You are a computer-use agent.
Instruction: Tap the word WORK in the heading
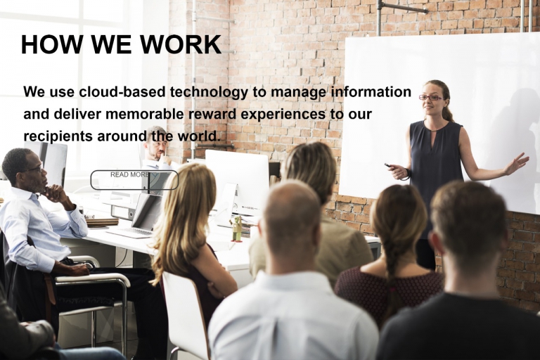click(x=181, y=44)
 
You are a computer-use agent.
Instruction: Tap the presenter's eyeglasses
click(x=430, y=97)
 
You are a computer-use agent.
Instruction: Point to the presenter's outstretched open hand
click(x=517, y=163)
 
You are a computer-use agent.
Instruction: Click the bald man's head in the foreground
click(x=292, y=218)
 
